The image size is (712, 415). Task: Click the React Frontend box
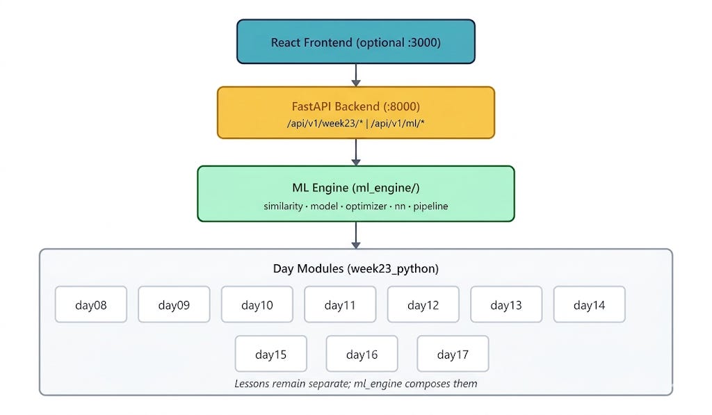pyautogui.click(x=355, y=42)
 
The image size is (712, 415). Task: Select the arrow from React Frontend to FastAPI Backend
pyautogui.click(x=355, y=75)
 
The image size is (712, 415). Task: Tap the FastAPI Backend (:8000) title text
pyautogui.click(x=355, y=106)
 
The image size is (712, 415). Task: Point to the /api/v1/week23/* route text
pyautogui.click(x=325, y=123)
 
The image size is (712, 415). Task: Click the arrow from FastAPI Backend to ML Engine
pyautogui.click(x=355, y=152)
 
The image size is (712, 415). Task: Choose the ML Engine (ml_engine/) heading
pyautogui.click(x=355, y=188)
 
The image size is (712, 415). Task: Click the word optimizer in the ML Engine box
pyautogui.click(x=366, y=206)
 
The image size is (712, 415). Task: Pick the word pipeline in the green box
pyautogui.click(x=430, y=206)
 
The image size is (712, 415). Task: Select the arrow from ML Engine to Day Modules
pyautogui.click(x=355, y=235)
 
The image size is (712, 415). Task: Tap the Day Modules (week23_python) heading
pyautogui.click(x=355, y=268)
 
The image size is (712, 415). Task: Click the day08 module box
pyautogui.click(x=91, y=304)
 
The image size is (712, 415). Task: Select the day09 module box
pyautogui.click(x=174, y=304)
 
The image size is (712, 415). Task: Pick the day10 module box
pyautogui.click(x=257, y=304)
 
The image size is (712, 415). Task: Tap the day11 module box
pyautogui.click(x=340, y=304)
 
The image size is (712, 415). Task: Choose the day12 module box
pyautogui.click(x=423, y=304)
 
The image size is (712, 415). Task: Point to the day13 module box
pyautogui.click(x=506, y=304)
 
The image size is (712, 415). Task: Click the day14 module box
pyautogui.click(x=590, y=304)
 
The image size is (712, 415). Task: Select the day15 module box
pyautogui.click(x=271, y=354)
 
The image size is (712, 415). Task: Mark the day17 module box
pyautogui.click(x=453, y=354)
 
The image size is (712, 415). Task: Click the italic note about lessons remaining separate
pyautogui.click(x=355, y=384)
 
